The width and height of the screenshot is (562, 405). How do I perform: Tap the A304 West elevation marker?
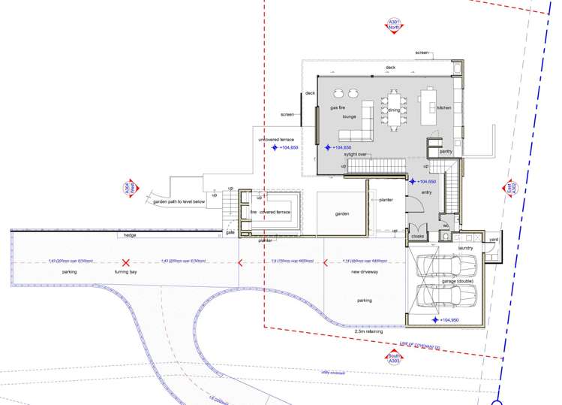[126, 190]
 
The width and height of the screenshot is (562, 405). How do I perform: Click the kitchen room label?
[444, 108]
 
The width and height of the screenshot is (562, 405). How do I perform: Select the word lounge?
[349, 117]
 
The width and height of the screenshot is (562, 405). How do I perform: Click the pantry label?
[446, 152]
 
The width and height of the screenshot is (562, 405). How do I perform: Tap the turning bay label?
[126, 271]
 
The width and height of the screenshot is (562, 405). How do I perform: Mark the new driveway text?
[365, 271]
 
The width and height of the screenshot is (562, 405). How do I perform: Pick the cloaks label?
[417, 236]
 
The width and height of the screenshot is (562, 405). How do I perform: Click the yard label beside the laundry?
[493, 240]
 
